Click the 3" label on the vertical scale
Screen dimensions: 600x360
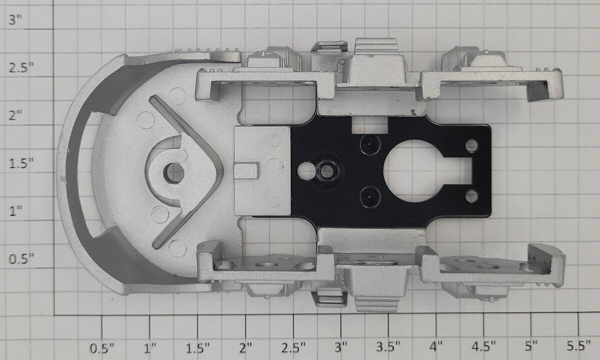tap(15, 20)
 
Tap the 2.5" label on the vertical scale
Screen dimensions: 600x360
tap(21, 67)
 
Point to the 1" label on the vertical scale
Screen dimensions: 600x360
tap(15, 211)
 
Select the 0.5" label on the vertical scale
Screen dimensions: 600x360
tap(21, 259)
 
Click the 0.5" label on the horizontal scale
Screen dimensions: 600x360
tap(102, 347)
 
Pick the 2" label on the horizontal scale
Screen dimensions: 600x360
tap(245, 347)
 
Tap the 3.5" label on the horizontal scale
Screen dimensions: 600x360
tap(388, 347)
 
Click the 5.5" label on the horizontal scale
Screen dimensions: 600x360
tap(578, 346)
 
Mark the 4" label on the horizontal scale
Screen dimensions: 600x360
tap(436, 346)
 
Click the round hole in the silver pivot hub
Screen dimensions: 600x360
tap(173, 173)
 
